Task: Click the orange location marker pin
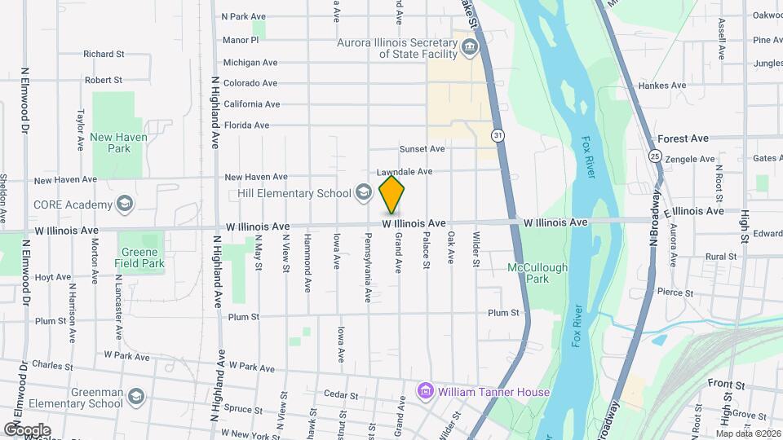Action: point(392,193)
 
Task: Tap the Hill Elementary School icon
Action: point(364,192)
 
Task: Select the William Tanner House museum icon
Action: point(424,392)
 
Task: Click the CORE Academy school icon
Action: point(125,202)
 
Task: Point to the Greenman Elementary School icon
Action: point(135,396)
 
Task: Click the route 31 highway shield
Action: point(498,134)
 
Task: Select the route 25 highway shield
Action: point(655,155)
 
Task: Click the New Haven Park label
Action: point(119,143)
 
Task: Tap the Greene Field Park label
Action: point(139,257)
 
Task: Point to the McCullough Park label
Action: point(537,272)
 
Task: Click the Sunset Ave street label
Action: point(422,149)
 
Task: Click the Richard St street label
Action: point(103,55)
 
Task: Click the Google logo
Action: point(27,429)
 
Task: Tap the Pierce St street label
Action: point(675,293)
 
